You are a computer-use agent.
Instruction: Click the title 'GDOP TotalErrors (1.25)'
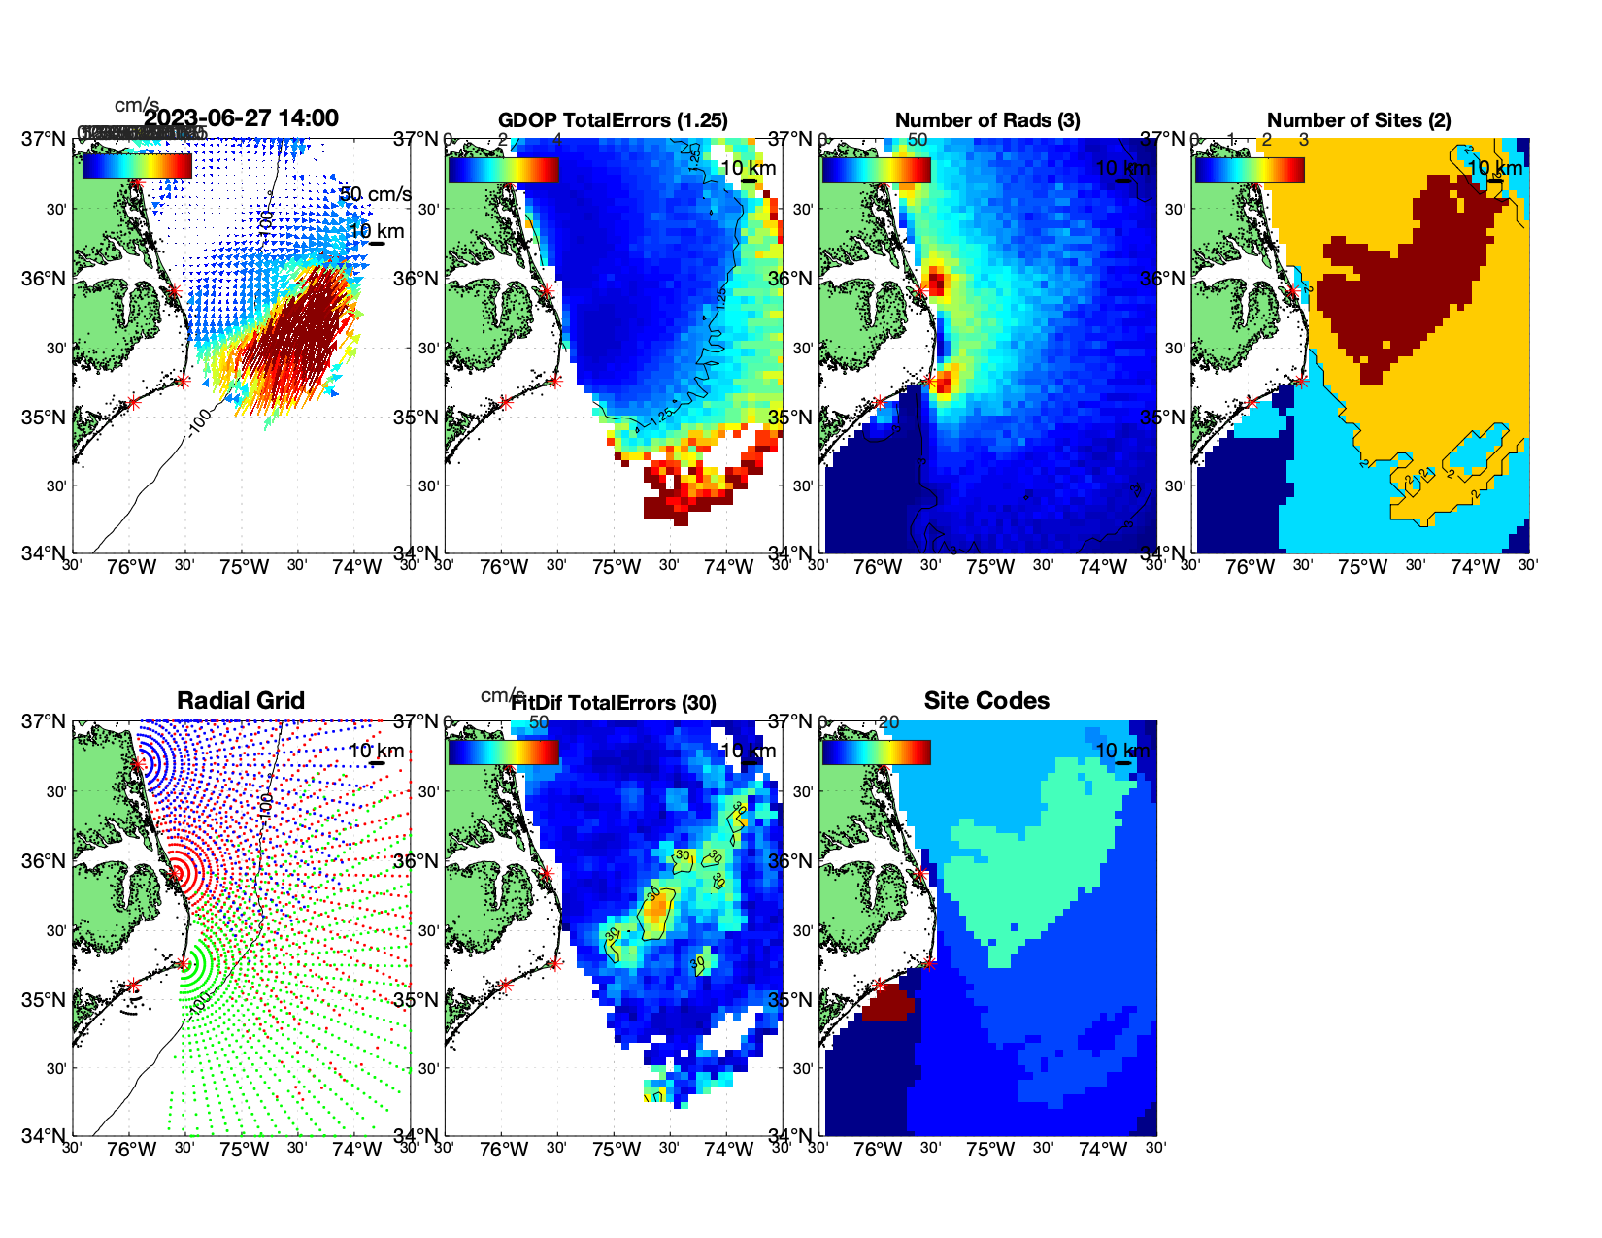point(613,120)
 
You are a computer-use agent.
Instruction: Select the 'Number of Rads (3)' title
point(987,120)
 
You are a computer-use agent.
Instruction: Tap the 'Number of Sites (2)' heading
point(1359,120)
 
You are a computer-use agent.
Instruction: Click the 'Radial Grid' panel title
point(241,701)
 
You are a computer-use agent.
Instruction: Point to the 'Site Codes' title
point(986,701)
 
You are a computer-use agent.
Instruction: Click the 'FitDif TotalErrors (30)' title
point(614,703)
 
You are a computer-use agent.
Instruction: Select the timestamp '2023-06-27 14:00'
point(242,118)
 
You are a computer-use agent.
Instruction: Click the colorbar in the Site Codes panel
point(876,753)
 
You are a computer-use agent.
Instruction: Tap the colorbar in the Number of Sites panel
point(1250,170)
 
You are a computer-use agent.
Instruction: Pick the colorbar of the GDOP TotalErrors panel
point(503,170)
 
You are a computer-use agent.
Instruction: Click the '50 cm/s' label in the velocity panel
point(375,194)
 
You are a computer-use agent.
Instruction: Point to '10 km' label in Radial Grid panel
point(377,751)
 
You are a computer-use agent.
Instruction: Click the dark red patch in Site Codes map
point(887,1003)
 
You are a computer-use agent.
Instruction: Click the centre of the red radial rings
point(179,873)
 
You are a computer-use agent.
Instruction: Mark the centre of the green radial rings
point(183,964)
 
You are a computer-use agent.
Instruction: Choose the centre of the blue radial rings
point(138,763)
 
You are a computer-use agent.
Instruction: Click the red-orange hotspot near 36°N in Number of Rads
point(936,283)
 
